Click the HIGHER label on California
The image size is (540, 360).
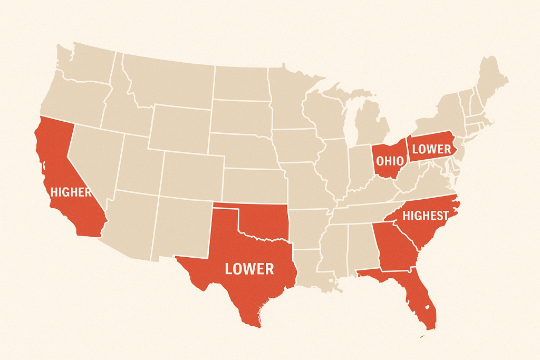point(71,192)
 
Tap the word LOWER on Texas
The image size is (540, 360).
point(249,269)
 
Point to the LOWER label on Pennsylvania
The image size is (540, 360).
point(432,149)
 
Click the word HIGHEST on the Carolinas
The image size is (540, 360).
point(425,215)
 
